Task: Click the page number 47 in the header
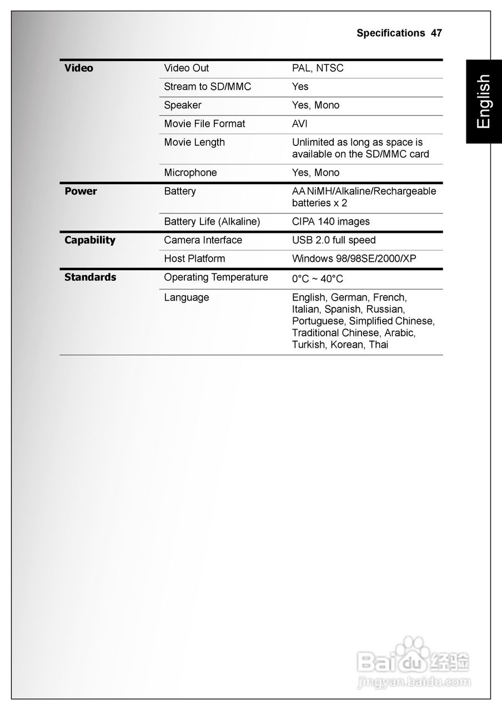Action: pos(436,33)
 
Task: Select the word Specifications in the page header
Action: pos(391,33)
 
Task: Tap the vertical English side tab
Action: pos(483,102)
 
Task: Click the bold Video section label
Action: pos(79,68)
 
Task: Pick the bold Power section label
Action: pos(81,191)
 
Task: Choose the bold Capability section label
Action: pos(90,240)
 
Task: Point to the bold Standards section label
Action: pos(91,277)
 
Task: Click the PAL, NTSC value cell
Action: pos(318,68)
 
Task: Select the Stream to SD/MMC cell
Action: pos(207,87)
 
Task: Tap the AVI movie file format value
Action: pos(300,124)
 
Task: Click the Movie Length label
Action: pos(194,142)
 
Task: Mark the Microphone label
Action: pos(190,173)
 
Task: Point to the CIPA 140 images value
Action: pos(331,221)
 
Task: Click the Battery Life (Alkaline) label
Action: pos(212,221)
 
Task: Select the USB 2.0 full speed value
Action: pos(334,240)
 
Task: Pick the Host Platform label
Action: pos(194,258)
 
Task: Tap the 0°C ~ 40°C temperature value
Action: pos(318,278)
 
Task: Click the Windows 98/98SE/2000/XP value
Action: pos(354,258)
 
